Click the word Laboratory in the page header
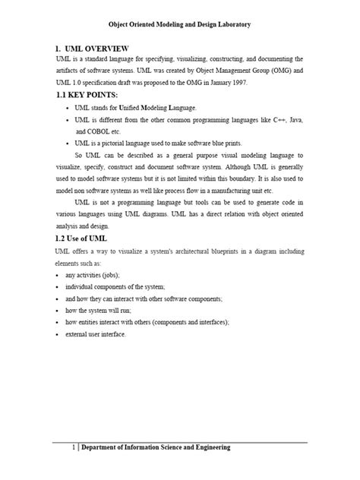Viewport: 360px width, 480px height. [x=228, y=25]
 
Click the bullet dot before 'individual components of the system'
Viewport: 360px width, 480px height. [x=58, y=286]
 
